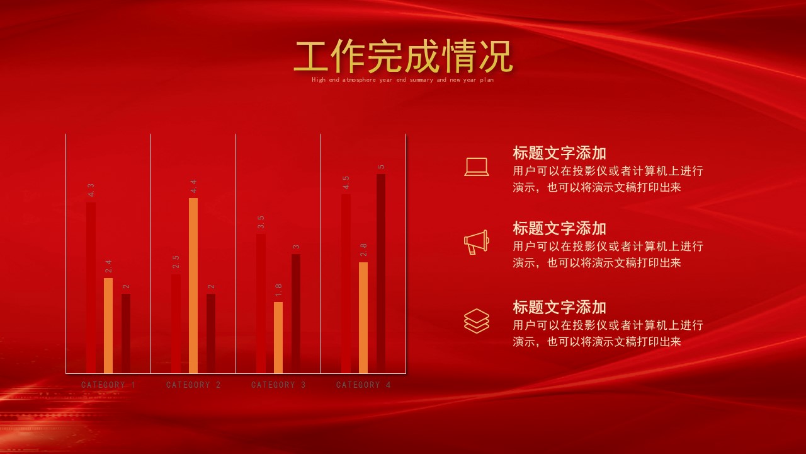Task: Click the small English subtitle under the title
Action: [x=403, y=80]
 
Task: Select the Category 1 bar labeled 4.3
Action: [x=91, y=287]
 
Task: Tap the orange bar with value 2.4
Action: [x=108, y=325]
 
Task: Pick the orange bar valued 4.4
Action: [x=193, y=285]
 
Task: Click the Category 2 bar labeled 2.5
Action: [x=176, y=323]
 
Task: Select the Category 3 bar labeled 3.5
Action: [x=261, y=303]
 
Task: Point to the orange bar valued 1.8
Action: [x=278, y=337]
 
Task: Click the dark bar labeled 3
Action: [x=296, y=313]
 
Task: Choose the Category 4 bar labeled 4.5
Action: [x=346, y=283]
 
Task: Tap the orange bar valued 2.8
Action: [x=363, y=317]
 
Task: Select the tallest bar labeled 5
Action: [x=381, y=274]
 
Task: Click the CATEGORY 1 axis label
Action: [x=108, y=385]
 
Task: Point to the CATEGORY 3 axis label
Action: [x=278, y=385]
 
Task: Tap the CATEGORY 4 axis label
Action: [x=363, y=385]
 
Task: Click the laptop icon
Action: [x=477, y=166]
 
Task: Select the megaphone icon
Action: [x=477, y=242]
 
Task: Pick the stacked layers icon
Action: [x=477, y=320]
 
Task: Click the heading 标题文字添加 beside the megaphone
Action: [x=559, y=228]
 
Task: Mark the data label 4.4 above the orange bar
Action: [x=193, y=186]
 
